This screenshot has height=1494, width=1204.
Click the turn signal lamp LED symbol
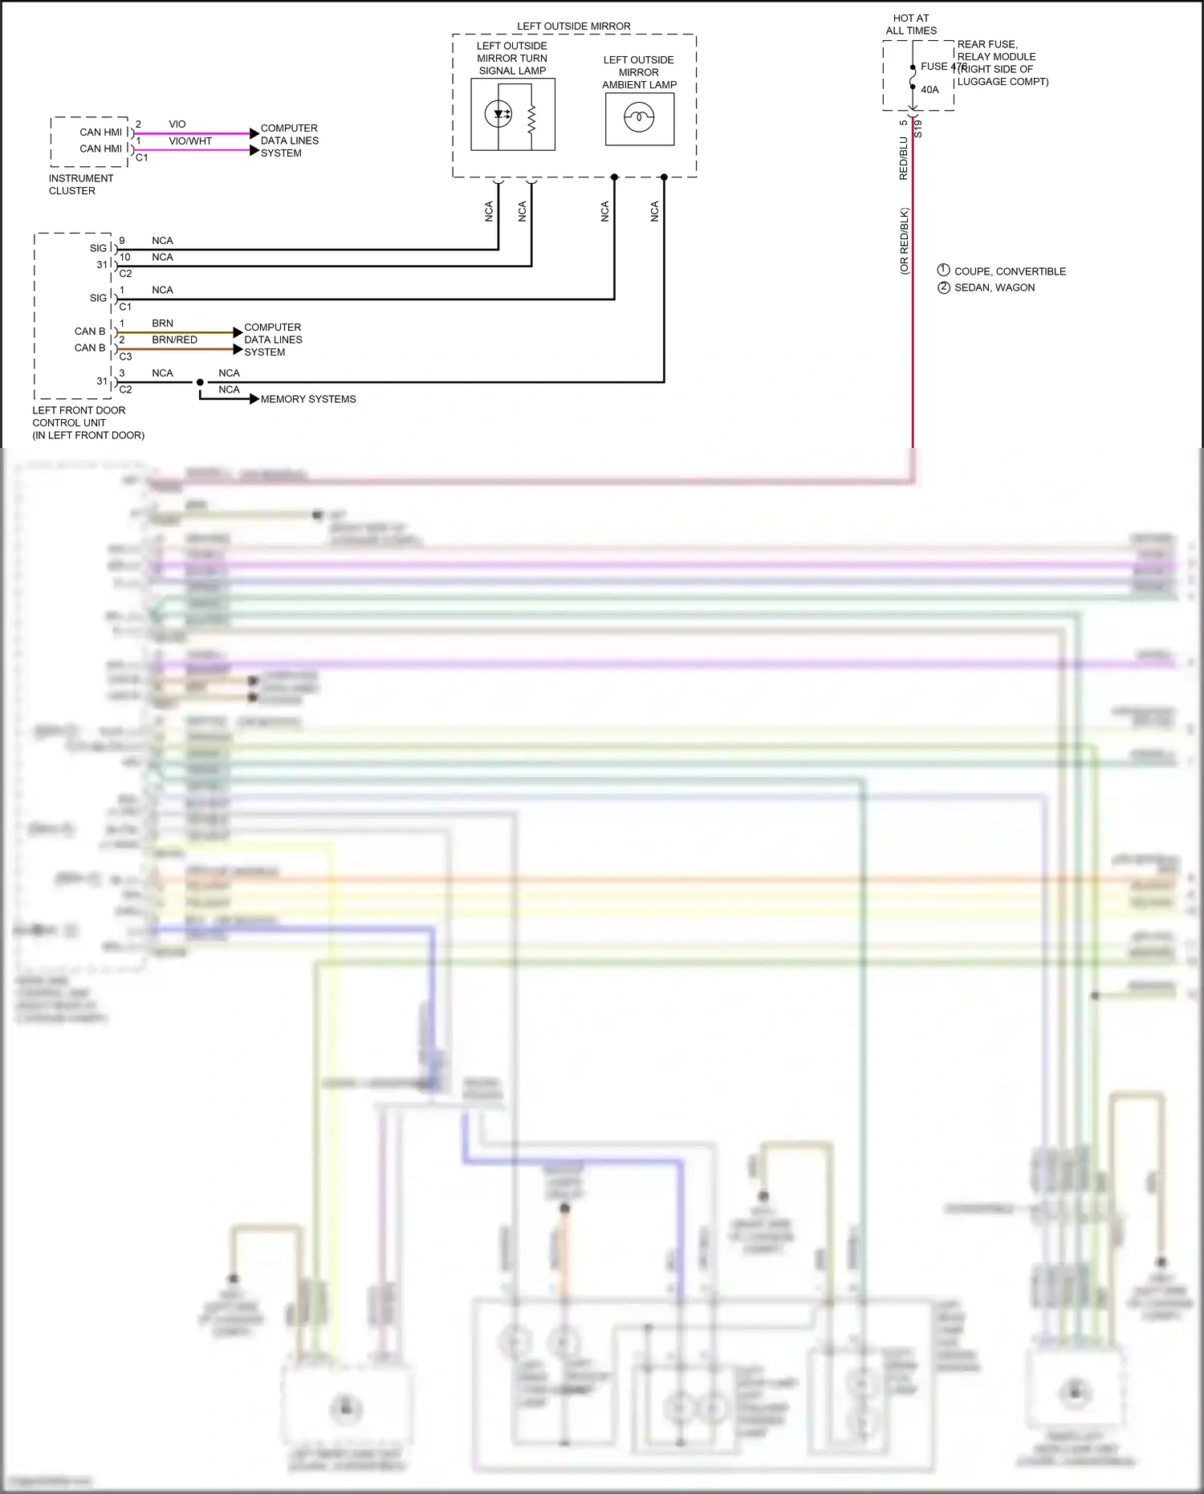498,114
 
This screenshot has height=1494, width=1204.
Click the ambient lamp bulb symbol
639,119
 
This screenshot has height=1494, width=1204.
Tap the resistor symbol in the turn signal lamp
531,119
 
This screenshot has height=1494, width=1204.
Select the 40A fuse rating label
929,90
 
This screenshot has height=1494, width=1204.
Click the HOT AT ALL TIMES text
911,24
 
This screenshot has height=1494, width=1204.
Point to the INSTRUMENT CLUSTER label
80,185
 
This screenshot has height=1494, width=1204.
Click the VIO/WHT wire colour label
190,141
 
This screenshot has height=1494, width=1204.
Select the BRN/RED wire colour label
174,340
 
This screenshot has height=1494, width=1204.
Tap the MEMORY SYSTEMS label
308,399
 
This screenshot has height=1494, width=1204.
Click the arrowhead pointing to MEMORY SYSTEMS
254,399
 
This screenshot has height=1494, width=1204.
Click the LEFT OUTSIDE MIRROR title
573,26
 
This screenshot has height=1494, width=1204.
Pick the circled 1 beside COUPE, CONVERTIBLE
944,271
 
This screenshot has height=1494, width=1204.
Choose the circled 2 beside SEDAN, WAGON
944,287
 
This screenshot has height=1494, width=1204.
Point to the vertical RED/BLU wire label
904,158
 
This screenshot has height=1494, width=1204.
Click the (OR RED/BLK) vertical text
905,241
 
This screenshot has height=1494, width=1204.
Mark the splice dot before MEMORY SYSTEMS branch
200,382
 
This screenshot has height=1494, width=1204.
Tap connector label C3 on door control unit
125,356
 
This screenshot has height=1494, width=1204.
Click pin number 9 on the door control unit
122,241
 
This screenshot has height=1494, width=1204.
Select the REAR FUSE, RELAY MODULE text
996,51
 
